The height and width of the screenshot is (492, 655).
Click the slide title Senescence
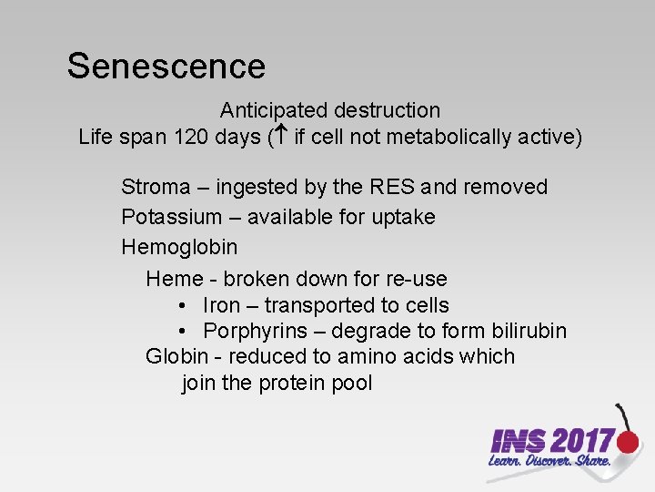(x=166, y=67)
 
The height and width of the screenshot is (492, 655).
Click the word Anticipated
(x=274, y=111)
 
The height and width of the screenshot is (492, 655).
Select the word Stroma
(x=156, y=188)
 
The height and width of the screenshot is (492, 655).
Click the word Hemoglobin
(x=179, y=248)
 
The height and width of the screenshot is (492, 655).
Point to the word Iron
(x=221, y=306)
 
